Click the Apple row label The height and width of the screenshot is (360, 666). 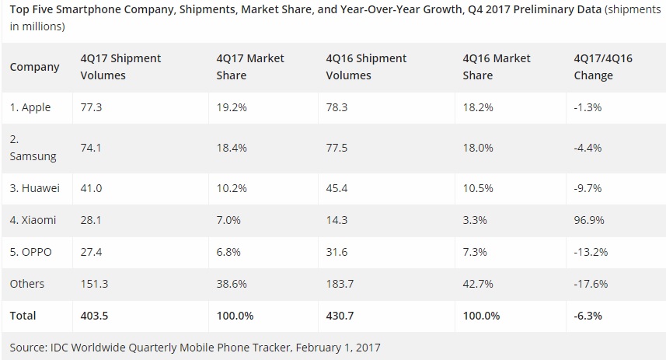point(30,107)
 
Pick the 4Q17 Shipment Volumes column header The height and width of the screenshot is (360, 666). point(120,67)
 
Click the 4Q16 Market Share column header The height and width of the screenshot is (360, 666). point(496,67)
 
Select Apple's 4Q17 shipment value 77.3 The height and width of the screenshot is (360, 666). point(92,107)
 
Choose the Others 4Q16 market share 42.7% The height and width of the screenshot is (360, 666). point(477,284)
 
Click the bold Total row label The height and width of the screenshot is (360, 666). point(23,316)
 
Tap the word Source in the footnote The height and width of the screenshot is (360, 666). point(29,347)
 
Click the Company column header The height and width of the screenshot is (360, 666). point(34,67)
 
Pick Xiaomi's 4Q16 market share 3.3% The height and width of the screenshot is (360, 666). point(474,220)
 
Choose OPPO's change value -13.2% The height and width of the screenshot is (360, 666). point(590,252)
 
